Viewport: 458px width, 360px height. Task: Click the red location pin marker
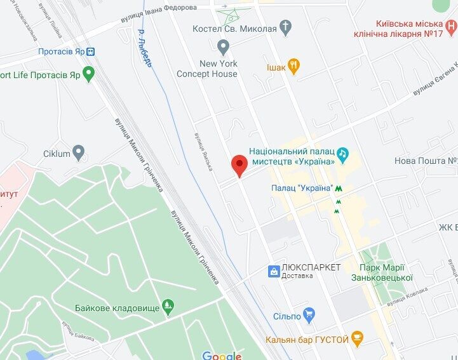point(239,164)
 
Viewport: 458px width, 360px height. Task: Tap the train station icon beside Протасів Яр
point(91,51)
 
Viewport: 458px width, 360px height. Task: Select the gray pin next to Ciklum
point(78,152)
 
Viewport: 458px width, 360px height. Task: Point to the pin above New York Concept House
point(222,46)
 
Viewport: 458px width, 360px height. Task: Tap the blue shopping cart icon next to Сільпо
point(309,313)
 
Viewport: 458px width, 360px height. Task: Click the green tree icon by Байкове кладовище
point(168,307)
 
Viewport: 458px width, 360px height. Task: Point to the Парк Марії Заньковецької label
point(382,272)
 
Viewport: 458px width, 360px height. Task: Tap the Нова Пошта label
point(426,161)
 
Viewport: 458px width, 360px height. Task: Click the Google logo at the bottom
point(221,355)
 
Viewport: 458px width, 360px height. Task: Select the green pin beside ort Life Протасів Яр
point(89,74)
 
